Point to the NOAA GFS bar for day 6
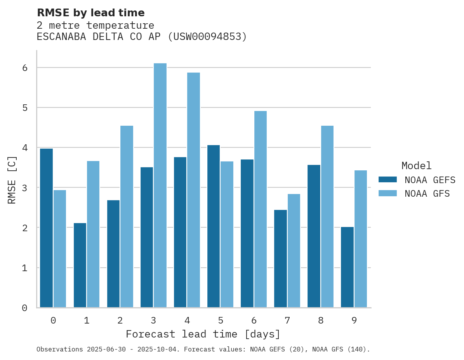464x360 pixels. pos(260,209)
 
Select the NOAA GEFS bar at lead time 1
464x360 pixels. pos(80,265)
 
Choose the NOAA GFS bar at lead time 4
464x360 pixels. pos(193,190)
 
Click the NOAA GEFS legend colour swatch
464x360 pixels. pos(388,180)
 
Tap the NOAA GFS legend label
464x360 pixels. pos(427,194)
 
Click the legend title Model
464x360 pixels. pos(416,166)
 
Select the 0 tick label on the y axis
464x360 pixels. pos(24,308)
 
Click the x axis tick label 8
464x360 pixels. pos(320,320)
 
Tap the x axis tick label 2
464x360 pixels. pos(120,320)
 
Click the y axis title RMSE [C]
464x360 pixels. pos(12,180)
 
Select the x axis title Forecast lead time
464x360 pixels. pos(203,334)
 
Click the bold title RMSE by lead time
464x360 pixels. pos(90,13)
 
